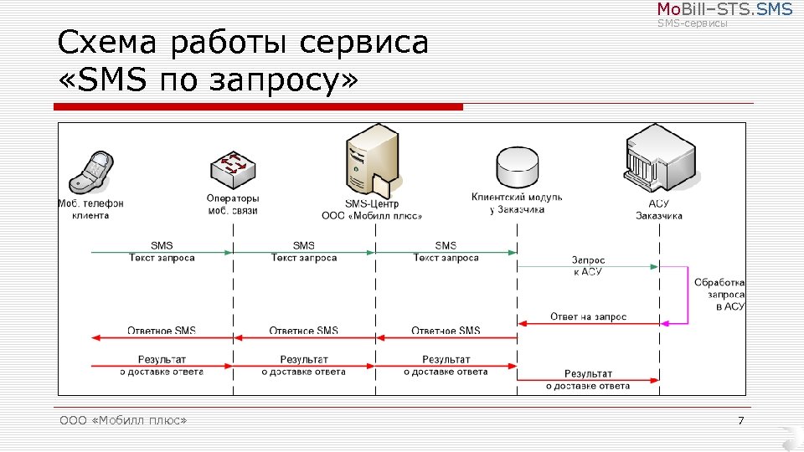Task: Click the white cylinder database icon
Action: (516, 167)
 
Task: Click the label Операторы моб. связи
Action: (233, 204)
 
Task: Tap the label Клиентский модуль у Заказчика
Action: (517, 203)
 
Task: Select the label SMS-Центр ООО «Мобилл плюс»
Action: (372, 209)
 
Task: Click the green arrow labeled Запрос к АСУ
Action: (587, 267)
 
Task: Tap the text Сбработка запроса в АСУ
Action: (719, 295)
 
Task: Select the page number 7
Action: (740, 419)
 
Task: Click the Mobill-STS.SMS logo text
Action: (724, 10)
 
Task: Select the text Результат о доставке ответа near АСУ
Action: (588, 379)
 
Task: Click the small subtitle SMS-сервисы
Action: (693, 23)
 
